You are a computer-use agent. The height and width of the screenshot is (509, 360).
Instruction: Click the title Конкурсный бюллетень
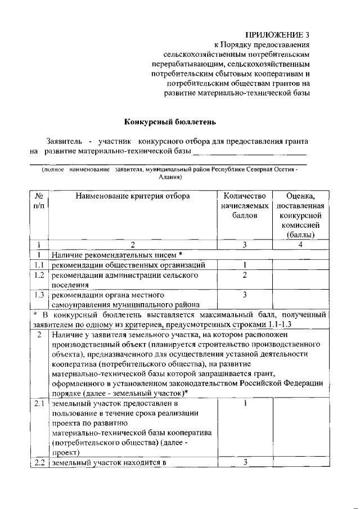(x=170, y=121)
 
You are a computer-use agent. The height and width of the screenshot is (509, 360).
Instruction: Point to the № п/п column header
(x=39, y=201)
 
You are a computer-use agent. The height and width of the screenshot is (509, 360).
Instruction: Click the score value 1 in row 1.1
(x=245, y=265)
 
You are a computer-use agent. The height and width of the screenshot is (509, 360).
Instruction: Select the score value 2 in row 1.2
(x=245, y=275)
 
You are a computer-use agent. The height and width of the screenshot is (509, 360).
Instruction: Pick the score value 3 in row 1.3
(x=245, y=295)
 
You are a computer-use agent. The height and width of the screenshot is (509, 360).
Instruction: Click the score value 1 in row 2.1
(x=246, y=403)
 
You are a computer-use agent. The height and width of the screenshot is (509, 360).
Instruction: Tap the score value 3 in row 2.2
(x=246, y=462)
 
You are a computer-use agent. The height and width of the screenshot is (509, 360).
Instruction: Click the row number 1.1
(x=39, y=265)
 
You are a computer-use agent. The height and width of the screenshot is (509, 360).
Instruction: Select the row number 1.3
(x=39, y=295)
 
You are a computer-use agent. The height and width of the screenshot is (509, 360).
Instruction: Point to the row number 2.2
(x=39, y=463)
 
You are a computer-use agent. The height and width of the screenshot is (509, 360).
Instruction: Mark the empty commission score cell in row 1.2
(x=299, y=280)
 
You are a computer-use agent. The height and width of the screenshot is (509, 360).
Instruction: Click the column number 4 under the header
(x=300, y=245)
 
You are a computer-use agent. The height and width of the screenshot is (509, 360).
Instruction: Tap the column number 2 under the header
(x=133, y=245)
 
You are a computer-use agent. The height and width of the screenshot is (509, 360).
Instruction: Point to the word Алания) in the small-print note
(x=169, y=176)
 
